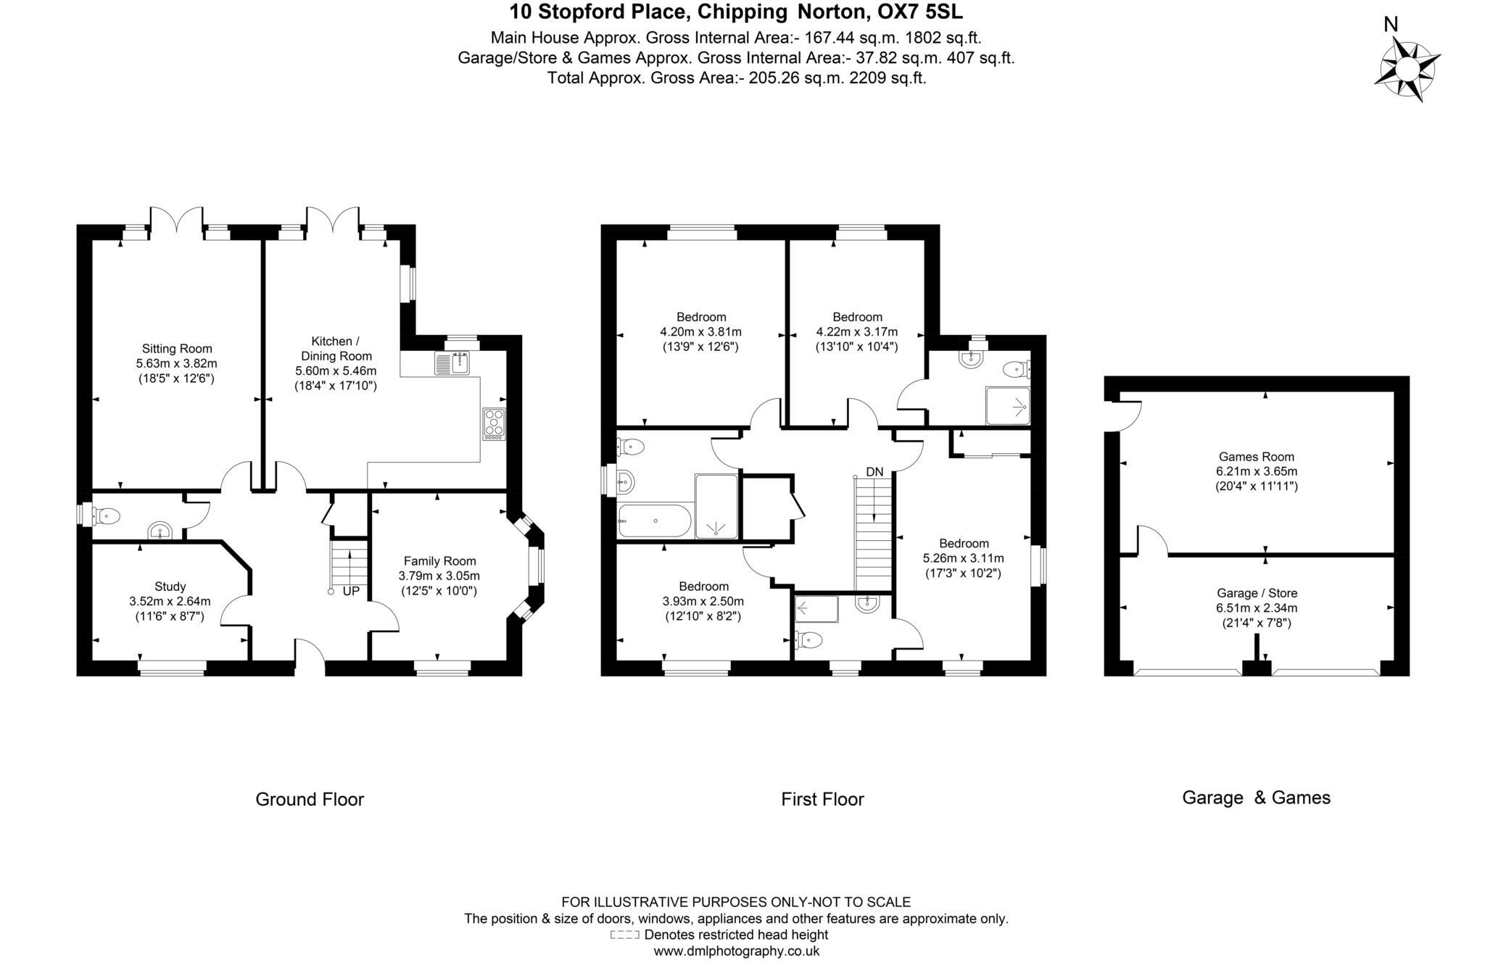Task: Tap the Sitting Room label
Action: click(177, 349)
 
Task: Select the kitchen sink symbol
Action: click(453, 363)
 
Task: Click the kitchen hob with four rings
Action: click(495, 424)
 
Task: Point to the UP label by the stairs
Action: click(351, 591)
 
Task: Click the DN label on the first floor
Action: click(874, 472)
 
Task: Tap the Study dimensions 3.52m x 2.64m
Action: click(170, 601)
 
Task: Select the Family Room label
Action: click(439, 560)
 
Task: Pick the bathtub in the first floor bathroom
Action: click(653, 521)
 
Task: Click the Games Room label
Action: click(1256, 457)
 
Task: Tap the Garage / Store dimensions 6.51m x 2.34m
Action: click(1257, 608)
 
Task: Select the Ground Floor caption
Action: click(310, 799)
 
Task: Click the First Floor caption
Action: click(822, 799)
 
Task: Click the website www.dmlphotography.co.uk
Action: click(736, 951)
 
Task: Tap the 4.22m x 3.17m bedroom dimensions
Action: click(857, 332)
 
